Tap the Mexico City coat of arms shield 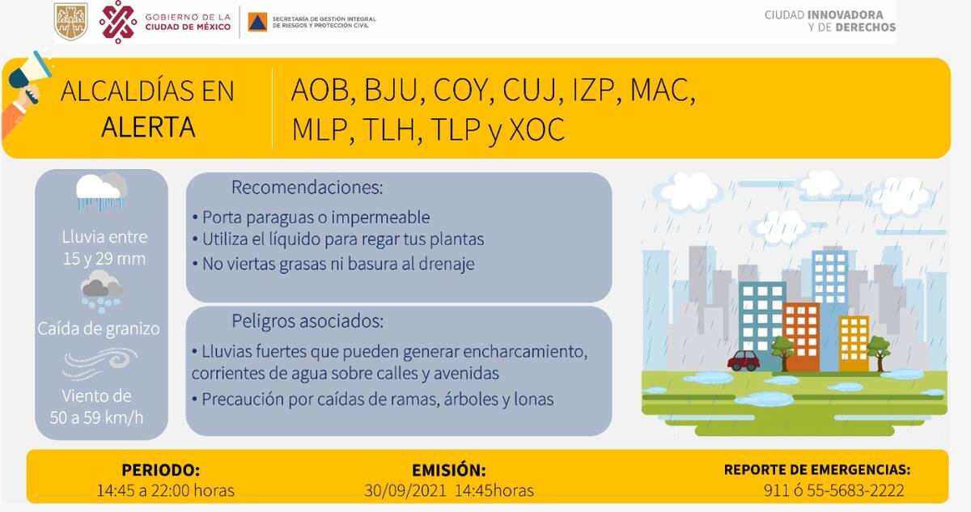coord(70,21)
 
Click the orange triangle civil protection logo coord(257,22)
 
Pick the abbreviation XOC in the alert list coord(536,129)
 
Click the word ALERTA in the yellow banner coord(148,127)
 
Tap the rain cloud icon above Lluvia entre coord(101,192)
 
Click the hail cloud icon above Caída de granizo coord(102,291)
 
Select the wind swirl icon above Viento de coord(100,364)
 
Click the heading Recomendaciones coord(307,188)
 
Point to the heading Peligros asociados coord(307,321)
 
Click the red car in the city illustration coord(744,361)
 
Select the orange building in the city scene coord(802,337)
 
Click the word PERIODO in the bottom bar coord(161,470)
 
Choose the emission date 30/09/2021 coord(405,491)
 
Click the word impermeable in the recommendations coord(380,218)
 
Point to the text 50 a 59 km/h coord(96,417)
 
